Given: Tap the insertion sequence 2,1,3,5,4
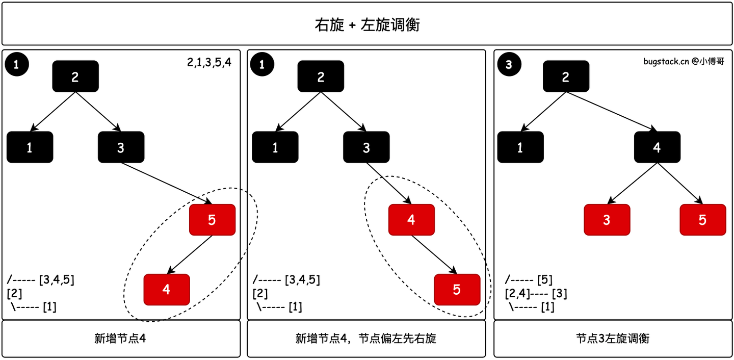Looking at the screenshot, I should click(209, 63).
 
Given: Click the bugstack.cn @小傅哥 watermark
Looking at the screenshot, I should click(684, 62).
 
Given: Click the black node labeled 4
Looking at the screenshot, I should click(657, 147).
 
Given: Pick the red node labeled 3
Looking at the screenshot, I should click(607, 220).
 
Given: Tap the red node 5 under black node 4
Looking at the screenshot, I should click(702, 220).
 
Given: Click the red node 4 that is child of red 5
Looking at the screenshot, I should click(167, 289).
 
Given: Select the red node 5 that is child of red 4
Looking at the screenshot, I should click(457, 289).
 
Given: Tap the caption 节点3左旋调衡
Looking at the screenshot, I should click(613, 339).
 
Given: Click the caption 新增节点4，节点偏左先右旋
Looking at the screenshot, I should click(366, 339).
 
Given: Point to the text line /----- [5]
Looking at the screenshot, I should click(529, 280).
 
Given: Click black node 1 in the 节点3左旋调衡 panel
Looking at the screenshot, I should click(520, 147).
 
